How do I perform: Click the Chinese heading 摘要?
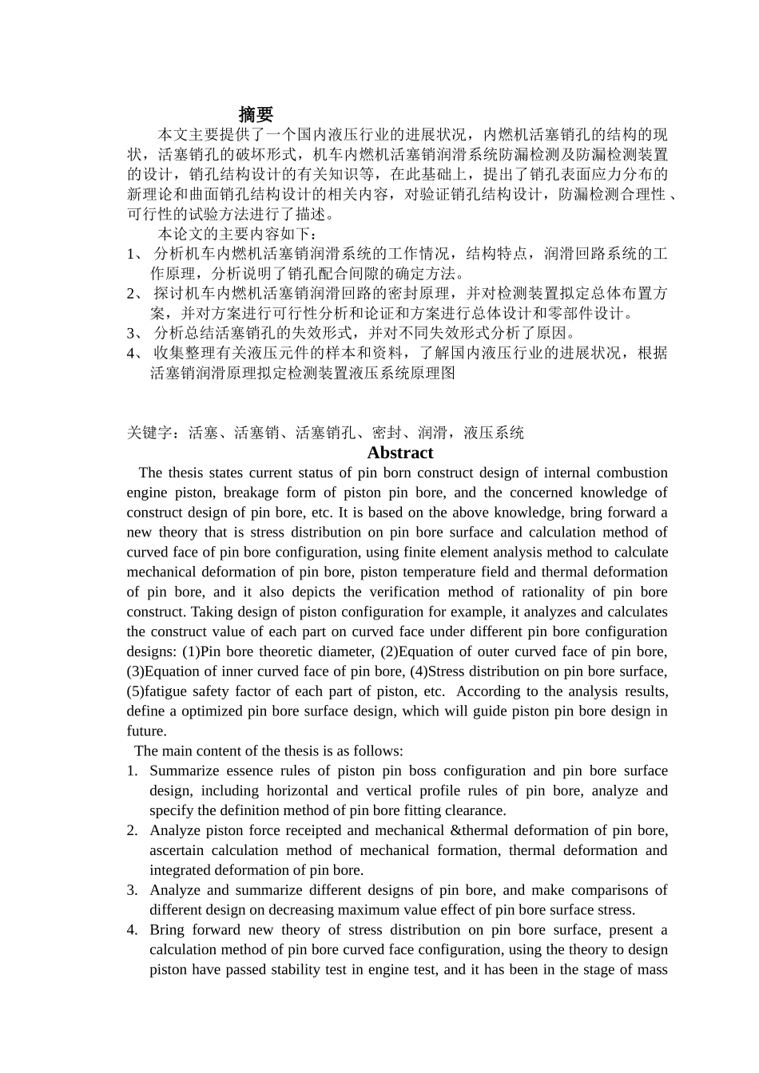[x=256, y=115]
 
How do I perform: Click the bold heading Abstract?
[x=399, y=453]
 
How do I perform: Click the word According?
[x=491, y=691]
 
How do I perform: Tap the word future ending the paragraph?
[x=145, y=731]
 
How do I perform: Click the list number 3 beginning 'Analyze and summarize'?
[x=132, y=890]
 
